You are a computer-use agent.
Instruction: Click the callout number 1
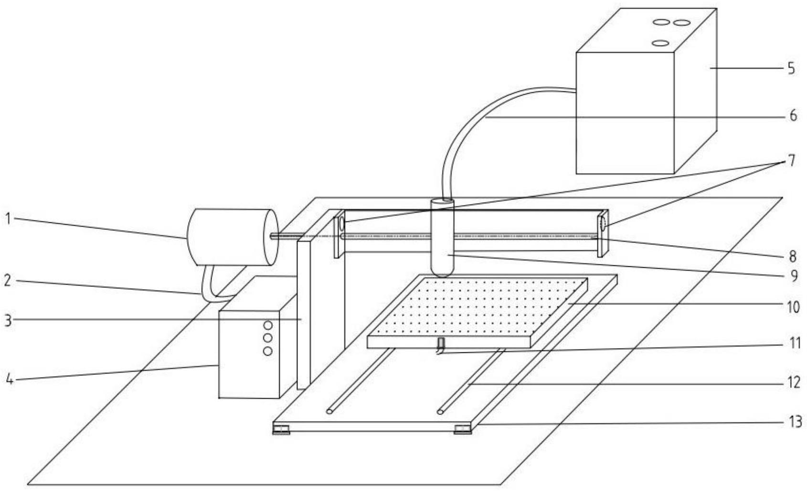coord(8,219)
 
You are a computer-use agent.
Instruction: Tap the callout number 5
coord(791,68)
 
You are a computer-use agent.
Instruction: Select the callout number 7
coord(792,161)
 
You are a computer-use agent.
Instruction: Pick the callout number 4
coord(8,381)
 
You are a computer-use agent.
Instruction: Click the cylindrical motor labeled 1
coord(229,237)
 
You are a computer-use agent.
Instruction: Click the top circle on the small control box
coord(268,326)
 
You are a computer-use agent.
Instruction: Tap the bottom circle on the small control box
coord(268,351)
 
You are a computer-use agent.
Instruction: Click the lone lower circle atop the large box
coord(660,43)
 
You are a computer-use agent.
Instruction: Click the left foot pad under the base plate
coord(281,430)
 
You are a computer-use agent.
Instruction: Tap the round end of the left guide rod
coord(329,411)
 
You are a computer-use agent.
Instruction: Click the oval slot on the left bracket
coord(342,223)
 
